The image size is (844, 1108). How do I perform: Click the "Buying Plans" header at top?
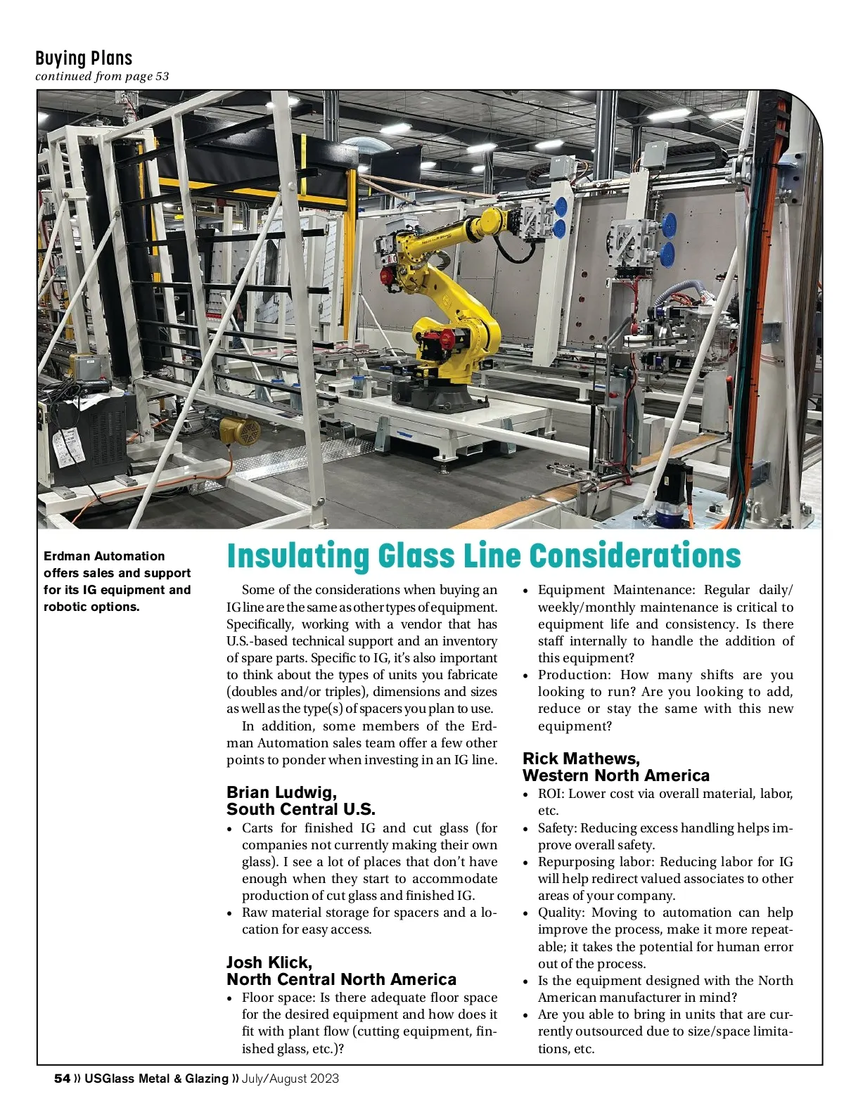[x=84, y=58]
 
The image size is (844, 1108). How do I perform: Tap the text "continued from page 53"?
[x=102, y=76]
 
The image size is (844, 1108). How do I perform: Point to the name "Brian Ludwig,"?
[x=281, y=792]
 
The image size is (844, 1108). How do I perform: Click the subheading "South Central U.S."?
[x=300, y=809]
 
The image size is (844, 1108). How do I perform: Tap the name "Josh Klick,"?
[x=269, y=962]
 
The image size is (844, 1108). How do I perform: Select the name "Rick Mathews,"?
[x=581, y=759]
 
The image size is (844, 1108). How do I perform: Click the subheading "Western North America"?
[x=615, y=775]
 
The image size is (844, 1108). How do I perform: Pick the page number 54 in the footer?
[x=62, y=1078]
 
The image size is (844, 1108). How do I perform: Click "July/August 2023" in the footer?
[x=290, y=1078]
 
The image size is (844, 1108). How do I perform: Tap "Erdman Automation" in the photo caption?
[x=104, y=556]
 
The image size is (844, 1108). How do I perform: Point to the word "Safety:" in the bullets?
[x=557, y=828]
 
